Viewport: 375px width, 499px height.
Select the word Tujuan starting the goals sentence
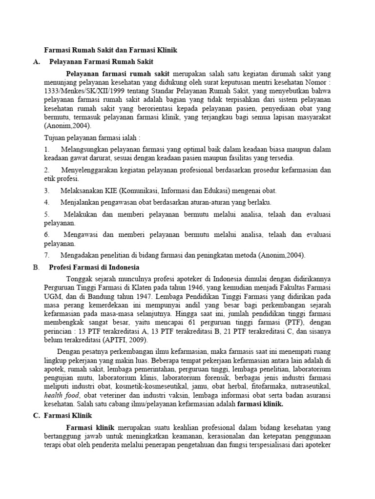point(55,138)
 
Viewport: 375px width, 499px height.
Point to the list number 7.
point(47,255)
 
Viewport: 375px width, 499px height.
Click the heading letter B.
point(36,268)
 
